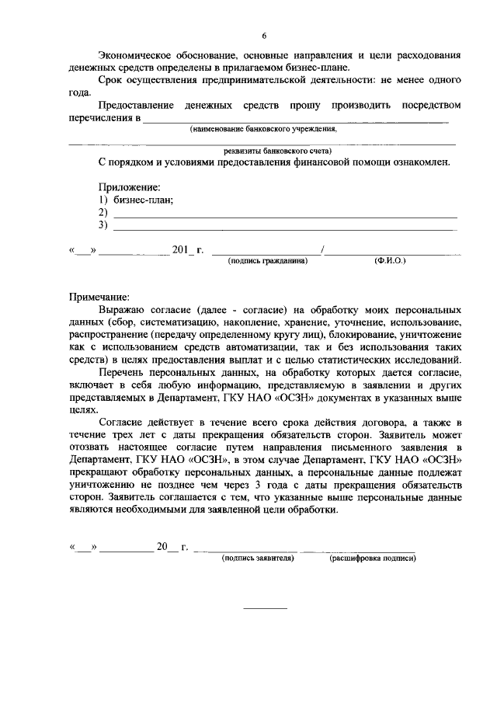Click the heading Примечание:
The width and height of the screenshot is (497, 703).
click(100, 297)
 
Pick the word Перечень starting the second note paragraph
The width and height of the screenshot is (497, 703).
click(123, 372)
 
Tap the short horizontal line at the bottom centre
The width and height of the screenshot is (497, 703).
click(266, 607)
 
